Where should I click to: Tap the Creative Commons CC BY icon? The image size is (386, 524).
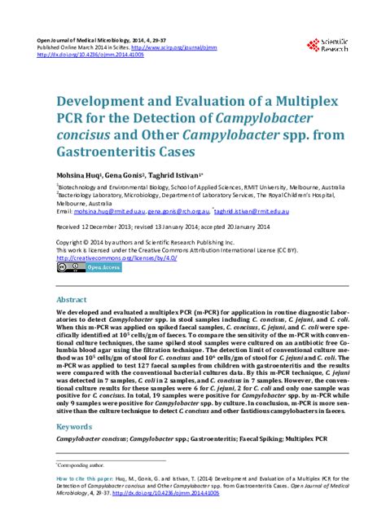coord(67,267)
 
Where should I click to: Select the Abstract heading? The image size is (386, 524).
coord(71,299)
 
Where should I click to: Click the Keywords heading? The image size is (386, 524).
coord(73,426)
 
